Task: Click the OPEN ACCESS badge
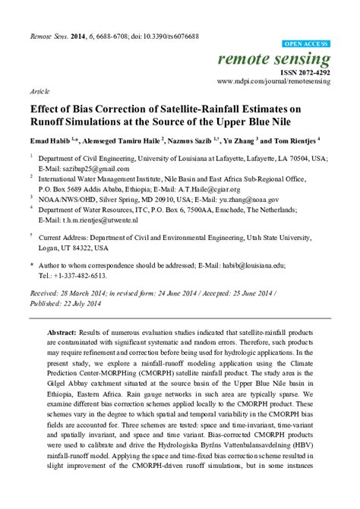[305, 44]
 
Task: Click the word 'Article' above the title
[40, 90]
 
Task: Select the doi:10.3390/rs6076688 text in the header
[164, 36]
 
